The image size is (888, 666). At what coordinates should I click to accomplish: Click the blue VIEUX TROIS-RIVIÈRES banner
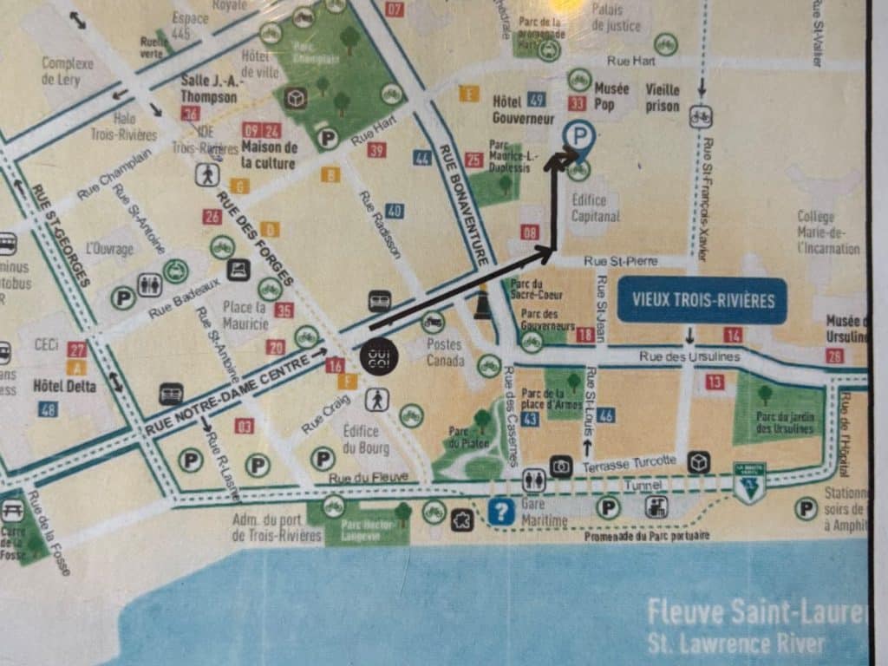(x=702, y=301)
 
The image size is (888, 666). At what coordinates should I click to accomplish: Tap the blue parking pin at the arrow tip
(x=578, y=135)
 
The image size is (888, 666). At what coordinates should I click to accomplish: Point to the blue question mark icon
(x=500, y=512)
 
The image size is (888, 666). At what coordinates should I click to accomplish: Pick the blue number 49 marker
(x=537, y=99)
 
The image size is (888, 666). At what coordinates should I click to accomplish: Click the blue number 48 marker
(x=49, y=408)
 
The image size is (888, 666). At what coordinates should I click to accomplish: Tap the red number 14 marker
(x=734, y=335)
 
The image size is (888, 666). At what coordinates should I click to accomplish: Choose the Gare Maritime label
(x=545, y=513)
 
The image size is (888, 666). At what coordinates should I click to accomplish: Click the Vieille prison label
(x=663, y=96)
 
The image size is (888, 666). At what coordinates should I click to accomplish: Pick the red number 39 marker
(x=376, y=150)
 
